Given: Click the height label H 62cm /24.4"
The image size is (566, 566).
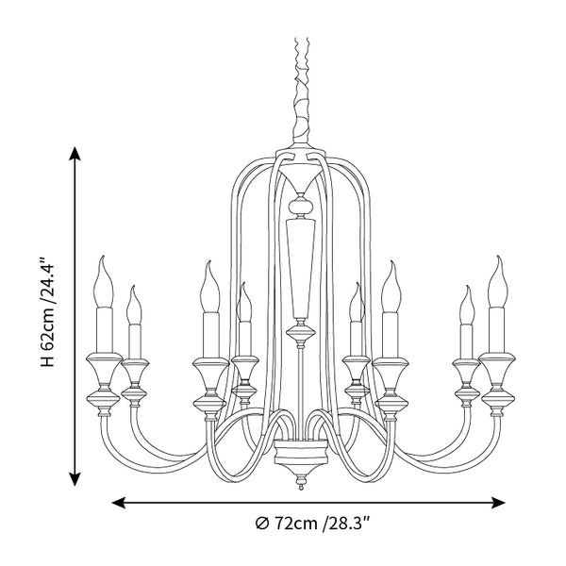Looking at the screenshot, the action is pyautogui.click(x=47, y=311).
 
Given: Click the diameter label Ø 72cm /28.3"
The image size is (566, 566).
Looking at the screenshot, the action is pyautogui.click(x=312, y=523).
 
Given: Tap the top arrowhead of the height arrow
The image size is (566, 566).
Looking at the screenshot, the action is pyautogui.click(x=75, y=153).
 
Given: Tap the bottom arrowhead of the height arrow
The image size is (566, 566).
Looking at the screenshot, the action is pyautogui.click(x=75, y=479).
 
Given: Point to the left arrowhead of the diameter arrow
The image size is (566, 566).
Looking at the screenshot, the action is pyautogui.click(x=119, y=503).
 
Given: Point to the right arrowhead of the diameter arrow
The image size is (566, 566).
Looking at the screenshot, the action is pyautogui.click(x=498, y=503).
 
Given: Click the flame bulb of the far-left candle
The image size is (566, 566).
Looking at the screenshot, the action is pyautogui.click(x=103, y=283).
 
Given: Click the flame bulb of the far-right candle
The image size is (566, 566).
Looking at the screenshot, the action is pyautogui.click(x=498, y=283).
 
